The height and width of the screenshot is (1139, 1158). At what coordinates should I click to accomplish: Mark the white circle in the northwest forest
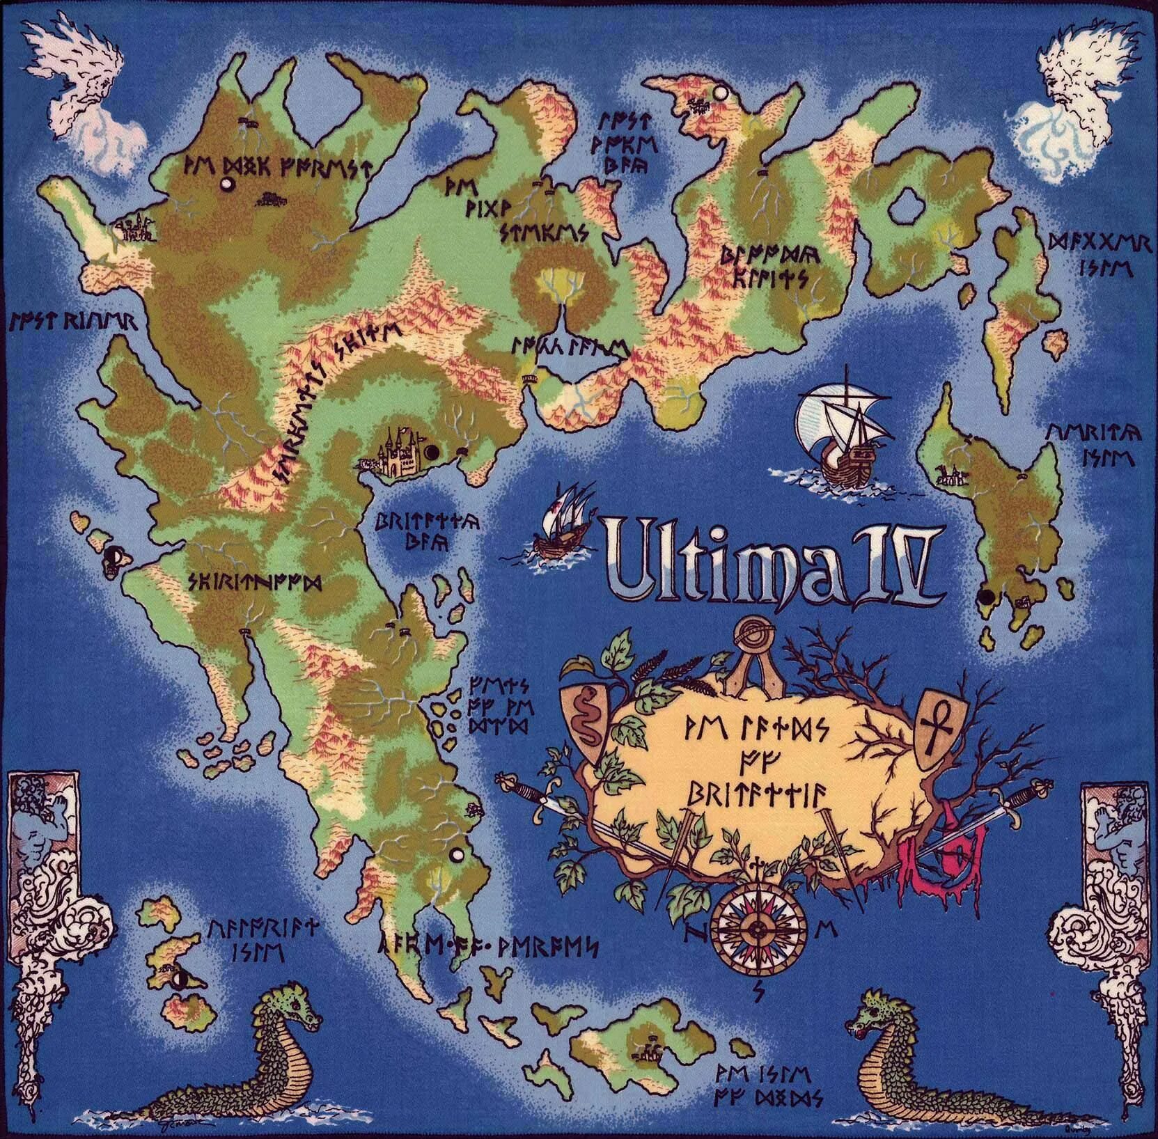coord(226,184)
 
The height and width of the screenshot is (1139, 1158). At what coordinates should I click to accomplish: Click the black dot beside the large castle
coord(431,452)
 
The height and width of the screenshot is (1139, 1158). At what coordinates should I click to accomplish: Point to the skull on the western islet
coord(114,557)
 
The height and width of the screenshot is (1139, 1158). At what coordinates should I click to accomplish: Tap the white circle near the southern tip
coord(457,853)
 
